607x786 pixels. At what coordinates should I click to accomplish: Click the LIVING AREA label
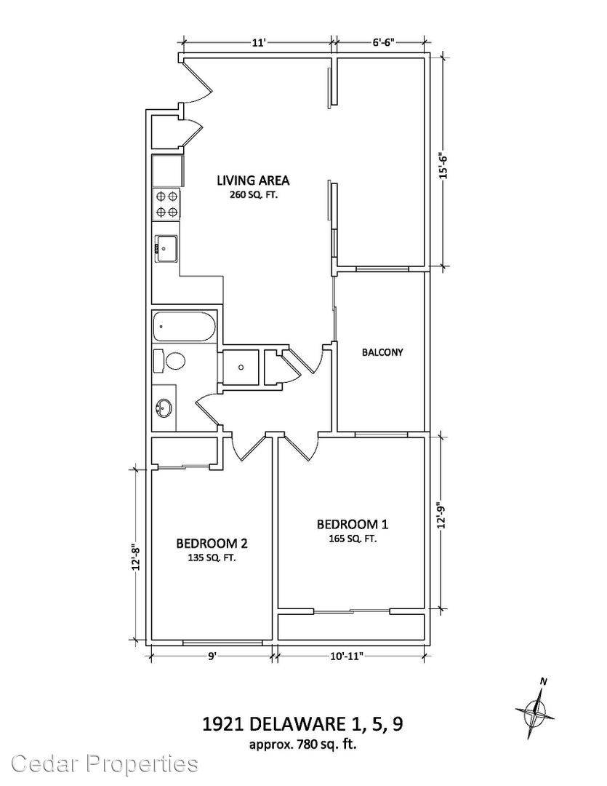253,180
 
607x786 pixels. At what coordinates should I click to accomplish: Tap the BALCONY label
382,352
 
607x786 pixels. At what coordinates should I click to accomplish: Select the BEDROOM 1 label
353,524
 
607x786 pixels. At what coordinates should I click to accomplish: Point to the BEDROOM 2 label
212,543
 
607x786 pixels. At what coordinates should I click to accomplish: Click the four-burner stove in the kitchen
166,205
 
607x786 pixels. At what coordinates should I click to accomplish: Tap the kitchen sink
166,248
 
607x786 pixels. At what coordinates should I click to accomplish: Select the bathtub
184,326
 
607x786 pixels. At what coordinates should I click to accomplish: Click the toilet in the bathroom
169,360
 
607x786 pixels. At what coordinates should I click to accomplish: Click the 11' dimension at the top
257,43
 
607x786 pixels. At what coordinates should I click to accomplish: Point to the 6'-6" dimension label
384,43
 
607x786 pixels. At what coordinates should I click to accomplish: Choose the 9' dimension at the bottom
212,656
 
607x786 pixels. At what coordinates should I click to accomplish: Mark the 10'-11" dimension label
347,656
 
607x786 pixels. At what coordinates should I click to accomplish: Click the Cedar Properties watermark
105,764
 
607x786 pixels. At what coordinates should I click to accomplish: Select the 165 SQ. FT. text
353,539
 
